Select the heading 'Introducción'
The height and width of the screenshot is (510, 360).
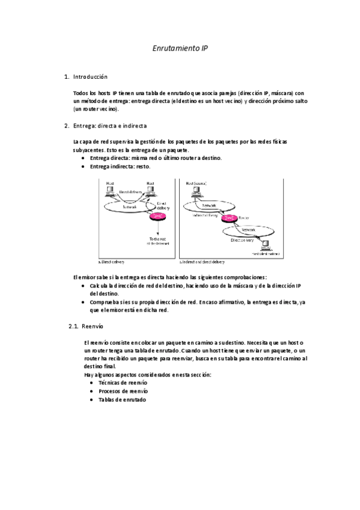90,77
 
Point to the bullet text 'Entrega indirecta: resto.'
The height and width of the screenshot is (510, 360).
120,167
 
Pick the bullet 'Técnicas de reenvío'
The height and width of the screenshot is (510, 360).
123,382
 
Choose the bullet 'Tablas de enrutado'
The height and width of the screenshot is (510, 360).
122,399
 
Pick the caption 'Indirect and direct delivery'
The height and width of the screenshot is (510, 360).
203,262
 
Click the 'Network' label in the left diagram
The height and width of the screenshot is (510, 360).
130,206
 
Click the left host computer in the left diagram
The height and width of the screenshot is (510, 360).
110,192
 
